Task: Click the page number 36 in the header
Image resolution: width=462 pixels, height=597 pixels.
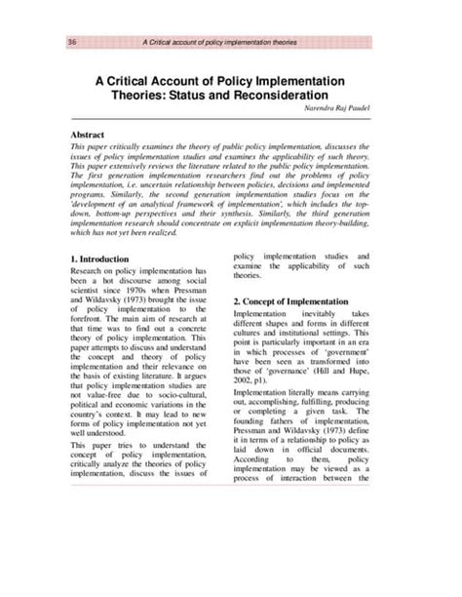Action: click(x=73, y=42)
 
